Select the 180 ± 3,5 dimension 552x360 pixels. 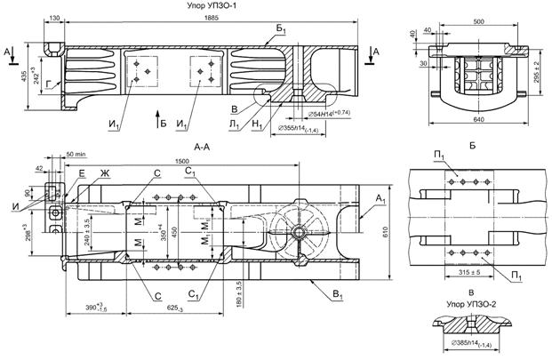tap(239, 293)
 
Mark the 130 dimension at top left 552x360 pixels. tap(55, 18)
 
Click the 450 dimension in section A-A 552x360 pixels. tap(175, 233)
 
